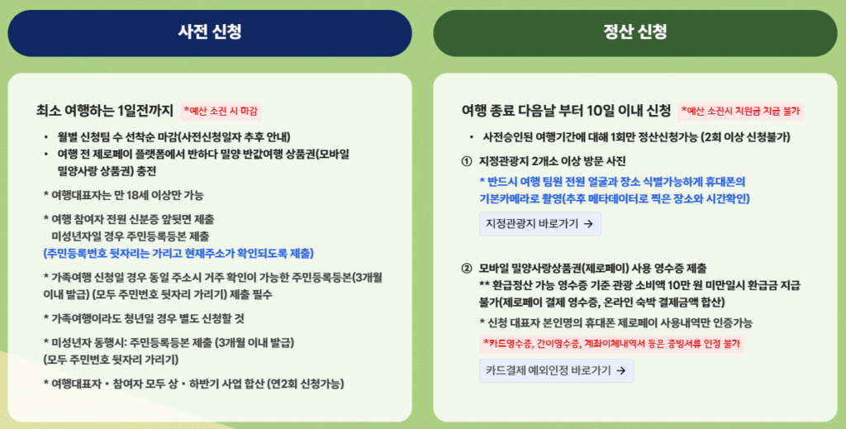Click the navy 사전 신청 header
(210, 33)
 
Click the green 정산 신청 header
(635, 33)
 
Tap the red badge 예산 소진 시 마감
(221, 111)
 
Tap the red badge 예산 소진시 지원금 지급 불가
(741, 111)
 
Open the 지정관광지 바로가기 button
(540, 224)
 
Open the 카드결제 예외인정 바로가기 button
(556, 370)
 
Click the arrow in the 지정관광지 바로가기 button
(588, 224)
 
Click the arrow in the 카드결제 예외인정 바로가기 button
(620, 370)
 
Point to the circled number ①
(467, 161)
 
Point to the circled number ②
(467, 269)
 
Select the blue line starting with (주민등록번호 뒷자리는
(178, 253)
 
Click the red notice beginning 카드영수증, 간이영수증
(612, 344)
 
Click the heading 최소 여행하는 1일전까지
(105, 111)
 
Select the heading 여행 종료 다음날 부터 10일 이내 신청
(566, 111)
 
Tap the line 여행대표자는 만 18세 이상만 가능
(124, 195)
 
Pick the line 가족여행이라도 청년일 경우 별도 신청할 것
(144, 318)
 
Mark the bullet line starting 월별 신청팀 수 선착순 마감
(173, 137)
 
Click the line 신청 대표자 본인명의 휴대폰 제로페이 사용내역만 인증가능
(616, 322)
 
